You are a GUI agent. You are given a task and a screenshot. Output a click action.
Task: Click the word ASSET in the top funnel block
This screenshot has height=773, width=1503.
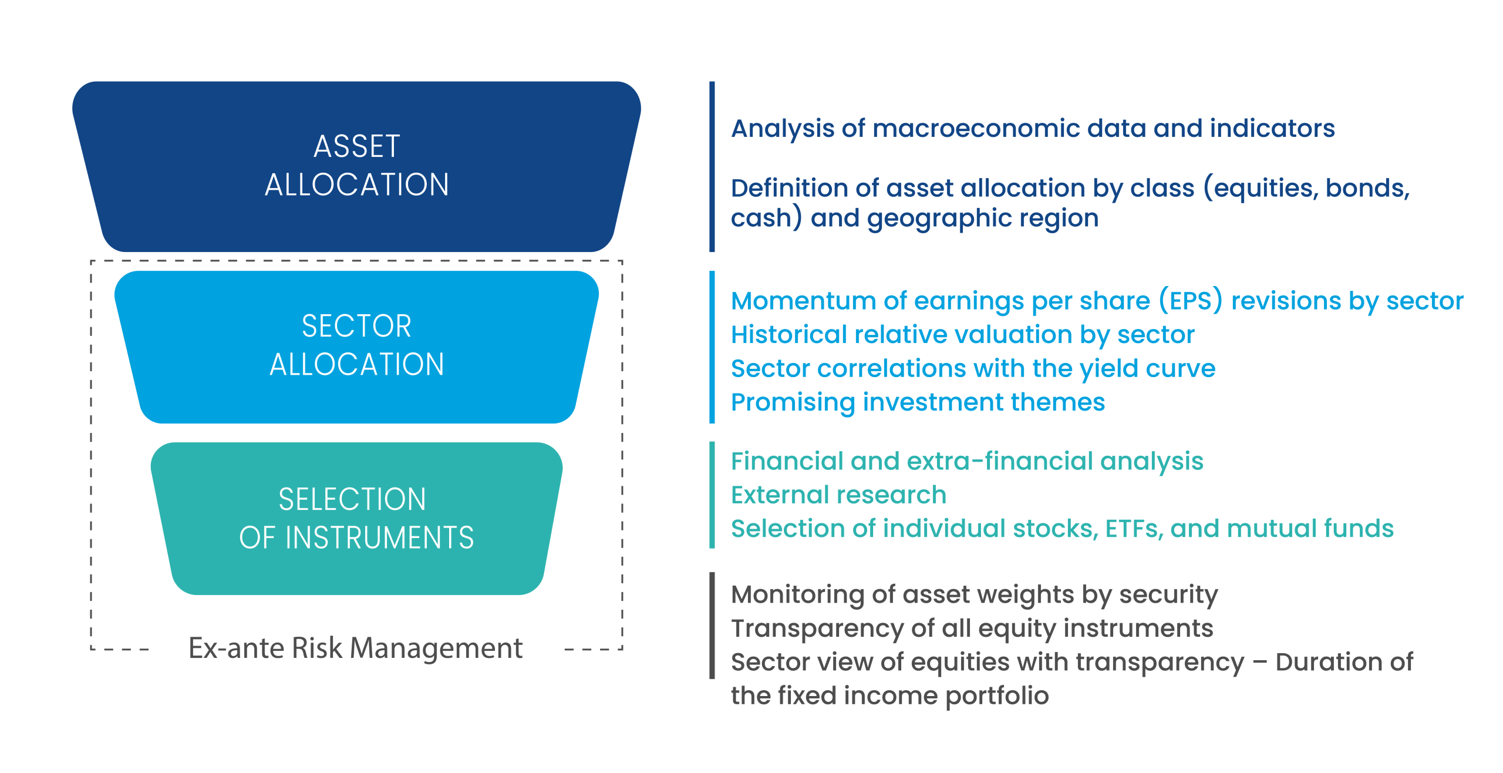pyautogui.click(x=357, y=146)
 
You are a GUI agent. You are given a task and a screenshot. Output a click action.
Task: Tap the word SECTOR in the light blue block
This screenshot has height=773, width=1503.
pyautogui.click(x=356, y=326)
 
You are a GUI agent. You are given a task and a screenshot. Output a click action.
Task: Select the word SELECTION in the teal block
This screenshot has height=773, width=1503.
pyautogui.click(x=352, y=499)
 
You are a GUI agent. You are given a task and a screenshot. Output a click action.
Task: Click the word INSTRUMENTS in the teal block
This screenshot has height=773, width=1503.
pyautogui.click(x=380, y=537)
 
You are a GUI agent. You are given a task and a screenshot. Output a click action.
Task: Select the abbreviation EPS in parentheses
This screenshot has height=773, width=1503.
pyautogui.click(x=1191, y=301)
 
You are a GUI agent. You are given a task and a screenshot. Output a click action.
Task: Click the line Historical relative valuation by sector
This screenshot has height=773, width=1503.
pyautogui.click(x=963, y=335)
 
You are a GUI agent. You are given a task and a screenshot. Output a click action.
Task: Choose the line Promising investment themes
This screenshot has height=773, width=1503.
pyautogui.click(x=918, y=403)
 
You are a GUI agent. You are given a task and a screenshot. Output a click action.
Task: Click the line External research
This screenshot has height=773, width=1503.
pyautogui.click(x=838, y=495)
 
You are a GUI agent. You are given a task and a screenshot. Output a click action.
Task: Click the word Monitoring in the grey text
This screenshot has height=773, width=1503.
pyautogui.click(x=797, y=595)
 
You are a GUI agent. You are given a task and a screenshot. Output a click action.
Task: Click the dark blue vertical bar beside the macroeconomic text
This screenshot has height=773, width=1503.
pyautogui.click(x=712, y=167)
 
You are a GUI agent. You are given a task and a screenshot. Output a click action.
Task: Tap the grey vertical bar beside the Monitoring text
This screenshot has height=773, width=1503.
pyautogui.click(x=712, y=625)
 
